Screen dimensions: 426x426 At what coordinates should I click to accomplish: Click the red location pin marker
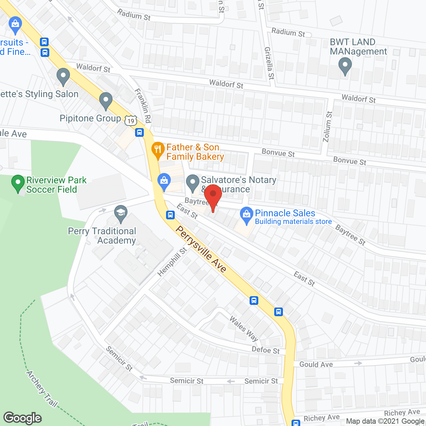213,195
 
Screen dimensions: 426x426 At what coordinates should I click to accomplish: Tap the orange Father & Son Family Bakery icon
158,150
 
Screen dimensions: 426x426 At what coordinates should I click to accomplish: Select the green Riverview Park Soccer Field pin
18,183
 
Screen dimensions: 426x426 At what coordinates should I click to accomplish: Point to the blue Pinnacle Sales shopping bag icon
247,215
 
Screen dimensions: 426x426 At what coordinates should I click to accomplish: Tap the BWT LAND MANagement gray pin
345,66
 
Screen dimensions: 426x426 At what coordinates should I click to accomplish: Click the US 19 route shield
131,121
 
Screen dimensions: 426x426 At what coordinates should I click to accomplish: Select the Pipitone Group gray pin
106,101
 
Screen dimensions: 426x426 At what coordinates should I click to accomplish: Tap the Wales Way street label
244,329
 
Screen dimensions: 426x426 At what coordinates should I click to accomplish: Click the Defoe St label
266,350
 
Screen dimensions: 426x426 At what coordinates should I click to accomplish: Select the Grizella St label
269,63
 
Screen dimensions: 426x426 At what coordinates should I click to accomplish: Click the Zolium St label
327,126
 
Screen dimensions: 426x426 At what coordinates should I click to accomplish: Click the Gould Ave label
316,364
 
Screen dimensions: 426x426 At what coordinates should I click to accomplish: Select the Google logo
23,418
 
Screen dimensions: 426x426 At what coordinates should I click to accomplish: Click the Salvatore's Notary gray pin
192,183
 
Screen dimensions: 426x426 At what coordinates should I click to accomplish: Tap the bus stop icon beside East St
170,215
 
